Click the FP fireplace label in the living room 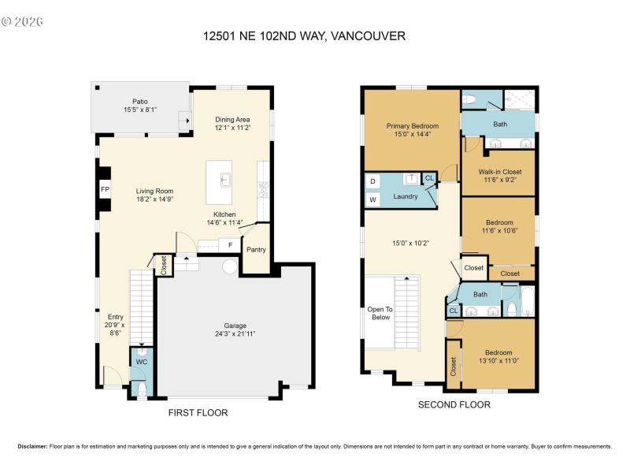pyautogui.click(x=104, y=190)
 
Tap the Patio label pyautogui.click(x=139, y=102)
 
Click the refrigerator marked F pyautogui.click(x=230, y=245)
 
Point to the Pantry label pyautogui.click(x=256, y=250)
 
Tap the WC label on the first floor pyautogui.click(x=141, y=362)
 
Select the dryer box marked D pyautogui.click(x=372, y=181)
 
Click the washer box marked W pyautogui.click(x=372, y=199)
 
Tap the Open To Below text pyautogui.click(x=380, y=313)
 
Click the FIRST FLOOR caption pyautogui.click(x=198, y=412)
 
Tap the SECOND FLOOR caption pyautogui.click(x=454, y=404)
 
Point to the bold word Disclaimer pyautogui.click(x=32, y=446)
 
